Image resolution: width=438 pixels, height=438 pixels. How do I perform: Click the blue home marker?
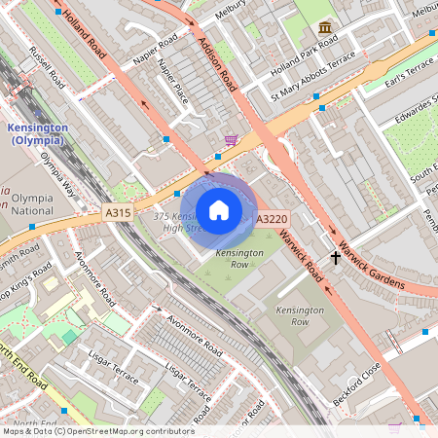pos(219,210)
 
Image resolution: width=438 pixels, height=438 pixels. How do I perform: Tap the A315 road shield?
pos(115,210)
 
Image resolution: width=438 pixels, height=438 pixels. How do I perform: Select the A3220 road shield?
pos(270,221)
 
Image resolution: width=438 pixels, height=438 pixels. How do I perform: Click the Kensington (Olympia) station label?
pos(37,134)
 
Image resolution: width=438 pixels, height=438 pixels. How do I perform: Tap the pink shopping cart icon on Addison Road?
pos(231,140)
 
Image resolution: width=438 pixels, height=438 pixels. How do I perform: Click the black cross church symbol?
pos(337,258)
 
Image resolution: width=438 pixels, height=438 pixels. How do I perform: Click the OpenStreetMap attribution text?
pos(97,431)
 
